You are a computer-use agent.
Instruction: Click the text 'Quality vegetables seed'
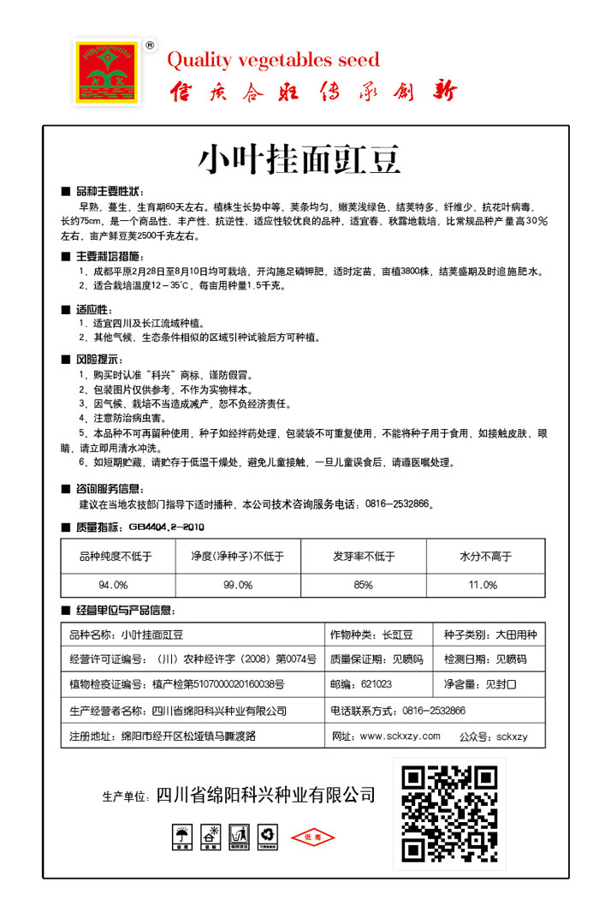[273, 60]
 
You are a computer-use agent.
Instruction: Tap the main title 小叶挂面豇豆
[299, 158]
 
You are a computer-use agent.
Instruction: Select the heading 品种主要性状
[110, 190]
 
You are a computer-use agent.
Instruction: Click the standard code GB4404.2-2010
[166, 527]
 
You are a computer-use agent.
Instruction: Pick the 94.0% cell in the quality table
[113, 585]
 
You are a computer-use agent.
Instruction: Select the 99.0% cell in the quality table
[238, 585]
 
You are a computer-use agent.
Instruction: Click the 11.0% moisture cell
[483, 585]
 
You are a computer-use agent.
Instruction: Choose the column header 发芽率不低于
[365, 557]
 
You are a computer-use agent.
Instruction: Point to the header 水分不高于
[485, 557]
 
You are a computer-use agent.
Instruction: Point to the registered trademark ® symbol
[150, 45]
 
